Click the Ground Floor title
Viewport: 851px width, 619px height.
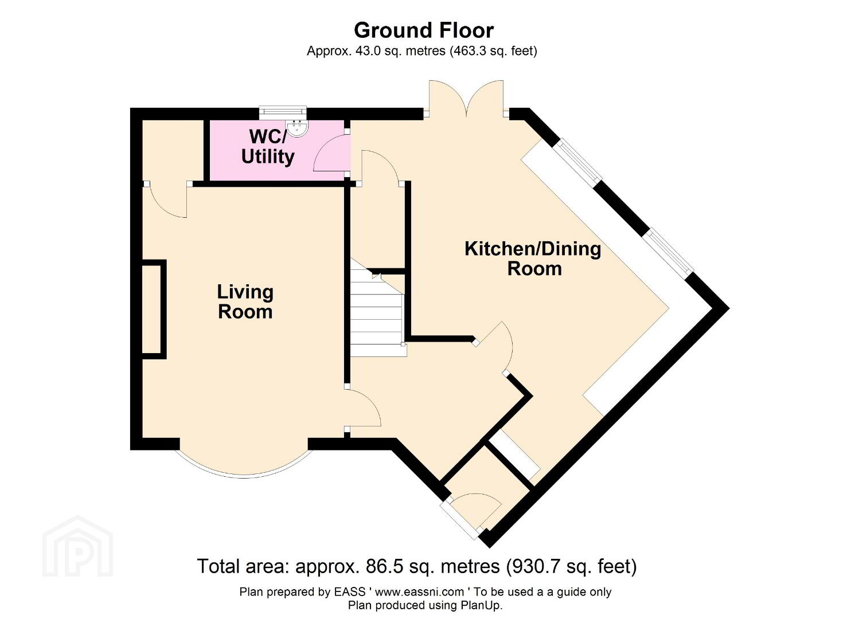tap(424, 30)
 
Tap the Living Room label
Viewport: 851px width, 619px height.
tap(245, 302)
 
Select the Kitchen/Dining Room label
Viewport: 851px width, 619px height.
tap(533, 259)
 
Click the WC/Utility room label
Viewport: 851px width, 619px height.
tap(268, 147)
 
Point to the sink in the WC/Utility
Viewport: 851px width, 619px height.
tap(298, 128)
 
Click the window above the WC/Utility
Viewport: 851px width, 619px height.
tap(283, 110)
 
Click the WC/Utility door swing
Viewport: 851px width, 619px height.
tap(330, 154)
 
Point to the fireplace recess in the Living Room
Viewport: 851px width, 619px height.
tap(154, 309)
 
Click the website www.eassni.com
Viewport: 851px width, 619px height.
tap(419, 592)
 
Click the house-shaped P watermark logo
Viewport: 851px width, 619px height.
tap(78, 546)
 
